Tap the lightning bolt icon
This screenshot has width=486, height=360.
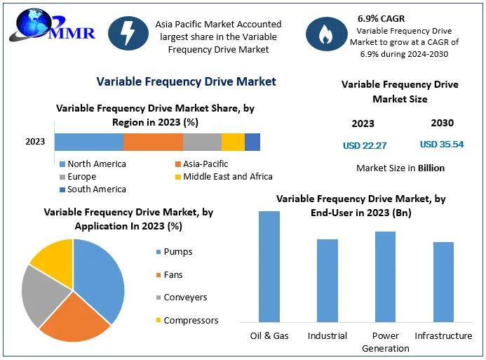[x=128, y=34]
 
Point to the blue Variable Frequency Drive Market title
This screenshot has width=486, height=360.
[x=186, y=81]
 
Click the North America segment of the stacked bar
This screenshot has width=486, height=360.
[x=88, y=142]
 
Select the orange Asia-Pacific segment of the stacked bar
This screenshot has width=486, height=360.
[x=153, y=142]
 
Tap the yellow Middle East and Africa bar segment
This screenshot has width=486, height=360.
[x=233, y=142]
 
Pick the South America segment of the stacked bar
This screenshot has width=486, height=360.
[x=252, y=142]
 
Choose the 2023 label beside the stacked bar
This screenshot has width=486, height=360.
[x=35, y=142]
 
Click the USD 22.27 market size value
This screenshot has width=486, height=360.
[x=365, y=145]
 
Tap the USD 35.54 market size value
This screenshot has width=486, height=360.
[x=442, y=145]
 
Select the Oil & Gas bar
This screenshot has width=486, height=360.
[x=269, y=266]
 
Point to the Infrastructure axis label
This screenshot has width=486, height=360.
[x=443, y=336]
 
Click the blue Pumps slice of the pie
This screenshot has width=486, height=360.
[x=102, y=277]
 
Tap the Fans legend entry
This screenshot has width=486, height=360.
[x=173, y=274]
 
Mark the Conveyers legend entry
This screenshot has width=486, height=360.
[x=184, y=298]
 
